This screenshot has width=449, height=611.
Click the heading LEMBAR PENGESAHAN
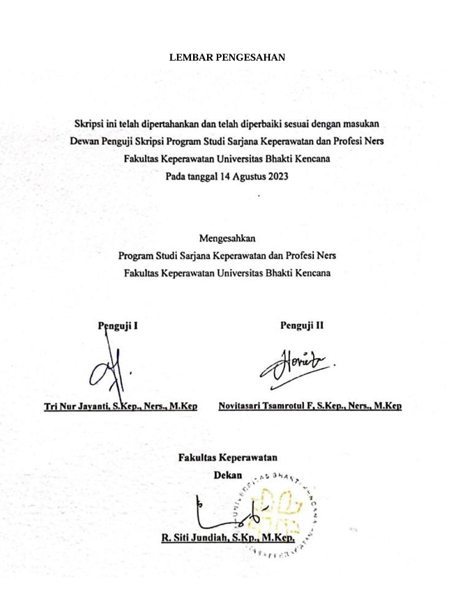tap(227, 58)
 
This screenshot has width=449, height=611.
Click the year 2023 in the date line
tap(275, 176)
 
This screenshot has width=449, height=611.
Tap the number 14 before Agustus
tap(225, 176)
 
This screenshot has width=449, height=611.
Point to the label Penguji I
tap(118, 325)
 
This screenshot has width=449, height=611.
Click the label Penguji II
tap(301, 325)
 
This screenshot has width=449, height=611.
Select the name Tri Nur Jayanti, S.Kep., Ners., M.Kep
tap(121, 405)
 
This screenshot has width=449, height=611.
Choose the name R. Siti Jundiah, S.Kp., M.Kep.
tap(228, 538)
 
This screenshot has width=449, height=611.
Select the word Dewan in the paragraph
tap(86, 141)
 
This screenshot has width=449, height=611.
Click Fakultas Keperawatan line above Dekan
tap(228, 458)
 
